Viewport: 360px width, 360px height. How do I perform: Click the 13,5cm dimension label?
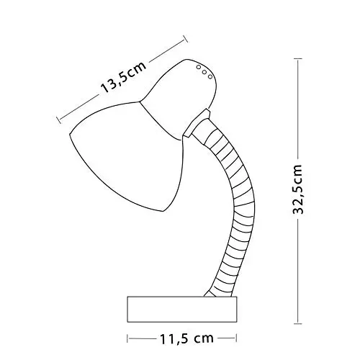(x=123, y=77)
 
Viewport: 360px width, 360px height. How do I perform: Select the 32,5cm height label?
(x=299, y=189)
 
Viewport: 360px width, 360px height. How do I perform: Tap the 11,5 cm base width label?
(x=186, y=338)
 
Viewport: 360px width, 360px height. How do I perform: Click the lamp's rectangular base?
(x=182, y=310)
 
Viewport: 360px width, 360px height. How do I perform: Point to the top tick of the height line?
(x=298, y=58)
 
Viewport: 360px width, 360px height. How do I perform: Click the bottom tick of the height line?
(x=298, y=324)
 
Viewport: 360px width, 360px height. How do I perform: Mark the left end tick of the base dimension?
(x=127, y=338)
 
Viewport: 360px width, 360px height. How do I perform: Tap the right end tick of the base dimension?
(x=237, y=338)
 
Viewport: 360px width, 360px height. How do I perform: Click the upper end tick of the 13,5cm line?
(x=185, y=39)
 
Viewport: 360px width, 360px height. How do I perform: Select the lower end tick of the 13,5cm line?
(x=58, y=120)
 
